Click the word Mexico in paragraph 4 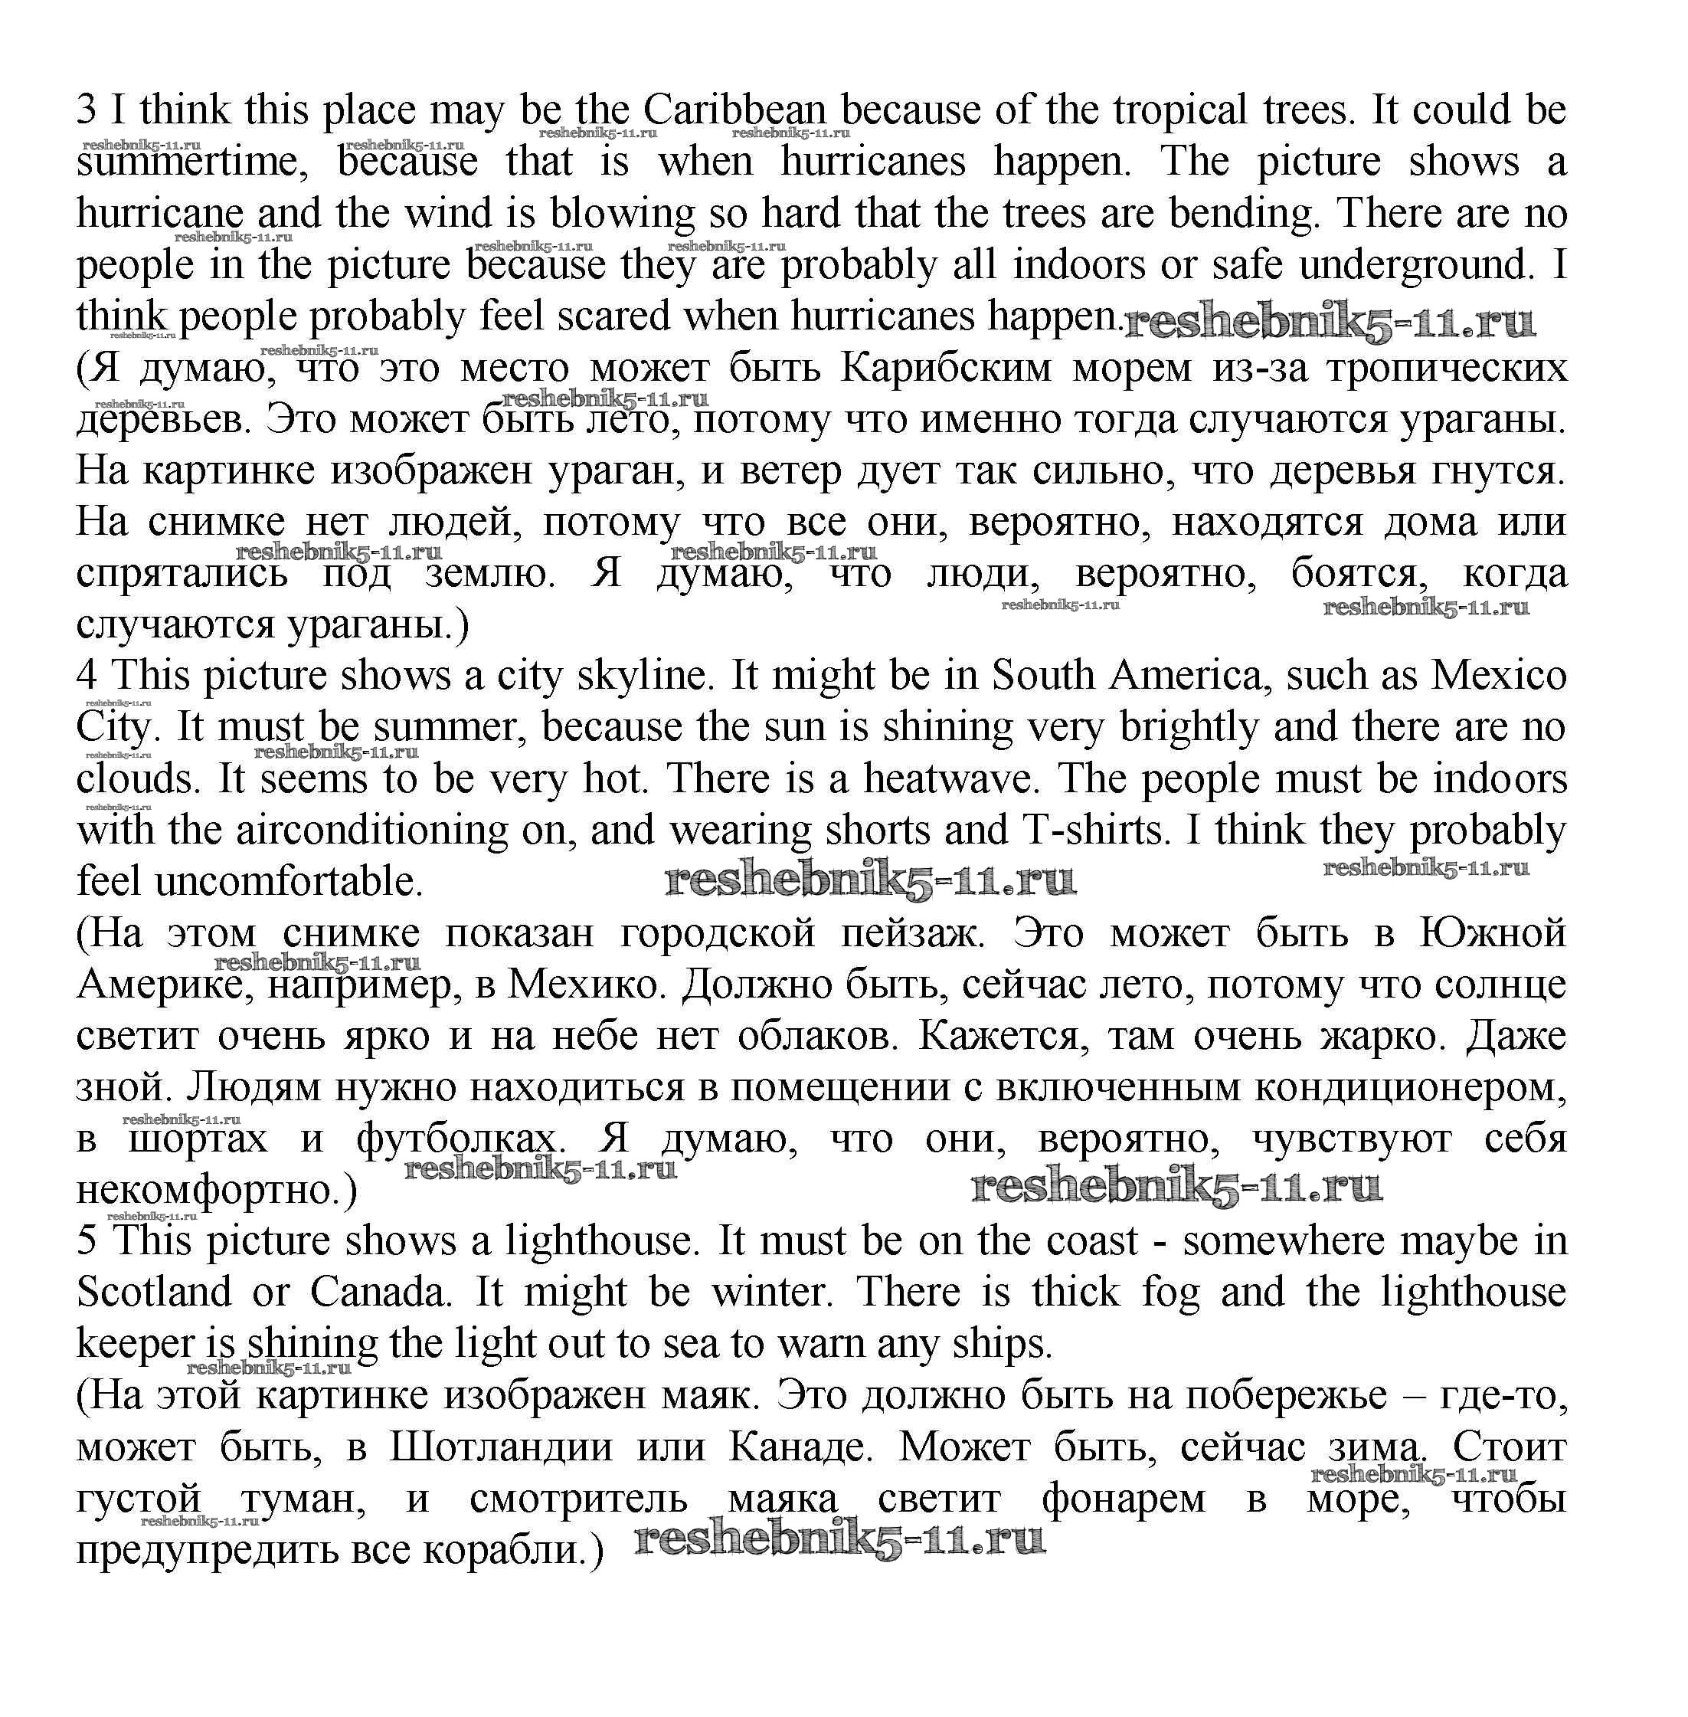pyautogui.click(x=1499, y=676)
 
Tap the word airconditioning pyautogui.click(x=372, y=830)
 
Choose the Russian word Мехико pyautogui.click(x=586, y=985)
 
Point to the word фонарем pyautogui.click(x=1122, y=1499)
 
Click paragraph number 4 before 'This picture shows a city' pyautogui.click(x=86, y=676)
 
